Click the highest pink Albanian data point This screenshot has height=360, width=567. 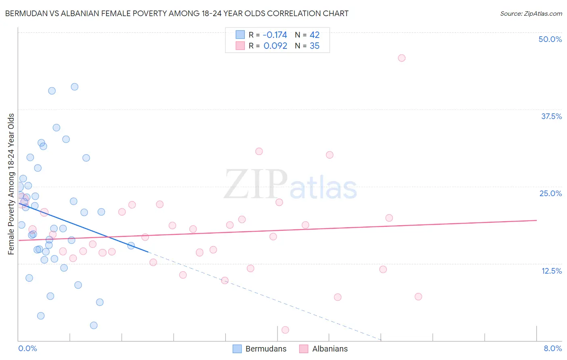[x=401, y=58]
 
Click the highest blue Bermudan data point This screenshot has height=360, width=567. [x=75, y=87]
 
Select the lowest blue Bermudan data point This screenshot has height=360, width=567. [x=94, y=325]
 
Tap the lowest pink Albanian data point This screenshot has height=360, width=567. [x=285, y=330]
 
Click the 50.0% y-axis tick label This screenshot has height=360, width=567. [x=550, y=39]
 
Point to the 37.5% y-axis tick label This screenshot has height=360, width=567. [x=551, y=116]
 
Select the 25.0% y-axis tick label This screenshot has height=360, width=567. [x=550, y=193]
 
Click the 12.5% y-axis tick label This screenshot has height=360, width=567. [x=551, y=271]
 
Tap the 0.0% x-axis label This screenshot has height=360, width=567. [x=27, y=349]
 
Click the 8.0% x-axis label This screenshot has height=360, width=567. [x=552, y=349]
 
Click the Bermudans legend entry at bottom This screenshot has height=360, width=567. [x=260, y=349]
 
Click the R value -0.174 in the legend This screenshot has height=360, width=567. [x=275, y=35]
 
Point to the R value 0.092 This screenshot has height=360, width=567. [x=275, y=46]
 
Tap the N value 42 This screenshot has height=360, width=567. [x=315, y=35]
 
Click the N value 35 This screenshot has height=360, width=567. [x=315, y=46]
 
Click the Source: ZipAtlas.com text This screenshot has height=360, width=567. [x=531, y=14]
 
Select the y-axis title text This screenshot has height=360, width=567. [x=11, y=184]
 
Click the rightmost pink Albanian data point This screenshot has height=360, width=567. [x=418, y=297]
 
